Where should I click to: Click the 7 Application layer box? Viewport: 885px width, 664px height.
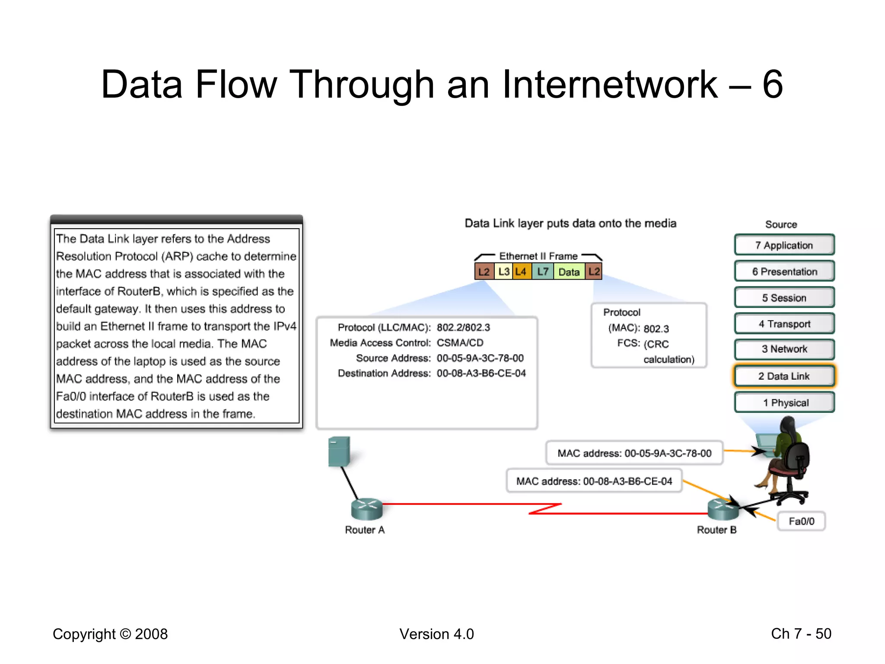[784, 245]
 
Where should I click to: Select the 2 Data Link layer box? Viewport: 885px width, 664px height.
[784, 376]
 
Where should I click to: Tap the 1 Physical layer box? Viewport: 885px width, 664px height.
[784, 402]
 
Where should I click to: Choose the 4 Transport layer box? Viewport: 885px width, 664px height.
[784, 324]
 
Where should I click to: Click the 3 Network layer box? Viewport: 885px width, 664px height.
[784, 349]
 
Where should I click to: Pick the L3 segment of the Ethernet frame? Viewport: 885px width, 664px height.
[503, 271]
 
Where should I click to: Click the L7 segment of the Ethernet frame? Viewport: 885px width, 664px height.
[543, 271]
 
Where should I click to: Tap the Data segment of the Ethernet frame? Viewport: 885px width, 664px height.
[569, 272]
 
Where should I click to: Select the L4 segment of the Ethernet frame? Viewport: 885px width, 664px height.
[521, 271]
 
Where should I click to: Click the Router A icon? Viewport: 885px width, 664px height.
[366, 509]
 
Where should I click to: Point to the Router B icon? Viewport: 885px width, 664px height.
[722, 509]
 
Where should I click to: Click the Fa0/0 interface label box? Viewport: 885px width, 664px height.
[801, 521]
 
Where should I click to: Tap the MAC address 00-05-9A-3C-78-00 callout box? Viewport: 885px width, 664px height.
[634, 453]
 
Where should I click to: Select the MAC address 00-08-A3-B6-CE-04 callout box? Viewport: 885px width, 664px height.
[594, 481]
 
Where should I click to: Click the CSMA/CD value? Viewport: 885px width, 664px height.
[460, 343]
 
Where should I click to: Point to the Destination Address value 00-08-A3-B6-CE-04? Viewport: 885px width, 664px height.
[481, 373]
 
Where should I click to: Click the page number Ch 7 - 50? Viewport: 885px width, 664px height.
[801, 634]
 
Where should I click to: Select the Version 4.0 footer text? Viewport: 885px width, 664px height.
[436, 634]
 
